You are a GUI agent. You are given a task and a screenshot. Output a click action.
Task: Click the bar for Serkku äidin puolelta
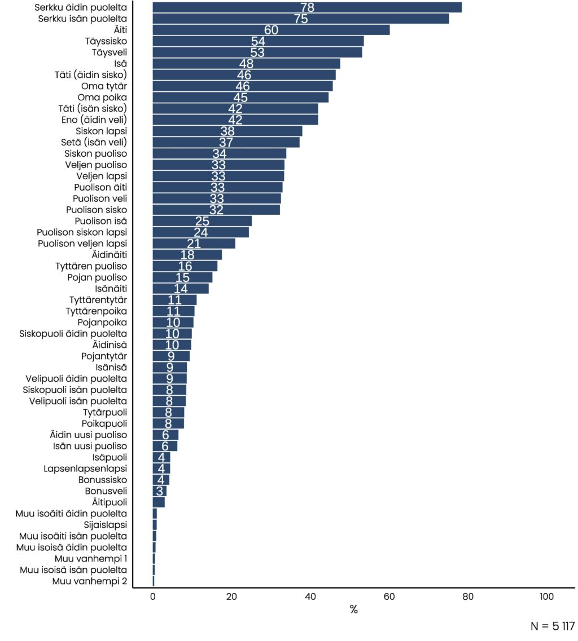(307, 7)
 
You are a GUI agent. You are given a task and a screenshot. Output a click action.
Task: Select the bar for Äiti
(271, 30)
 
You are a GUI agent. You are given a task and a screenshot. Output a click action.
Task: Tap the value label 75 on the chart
(301, 19)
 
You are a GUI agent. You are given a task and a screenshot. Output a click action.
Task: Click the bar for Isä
(246, 64)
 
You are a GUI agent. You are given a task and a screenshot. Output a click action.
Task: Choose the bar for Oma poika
(240, 97)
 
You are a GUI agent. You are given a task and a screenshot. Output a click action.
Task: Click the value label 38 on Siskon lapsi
(227, 131)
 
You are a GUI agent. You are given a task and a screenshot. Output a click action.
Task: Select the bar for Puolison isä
(202, 221)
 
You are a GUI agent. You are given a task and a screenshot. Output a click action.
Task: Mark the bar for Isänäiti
(181, 289)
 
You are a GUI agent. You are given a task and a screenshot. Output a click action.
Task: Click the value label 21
(194, 244)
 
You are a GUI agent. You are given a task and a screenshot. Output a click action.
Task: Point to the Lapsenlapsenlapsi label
(85, 468)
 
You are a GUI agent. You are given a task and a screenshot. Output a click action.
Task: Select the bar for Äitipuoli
(159, 502)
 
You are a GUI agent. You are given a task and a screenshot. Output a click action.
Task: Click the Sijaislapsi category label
(105, 524)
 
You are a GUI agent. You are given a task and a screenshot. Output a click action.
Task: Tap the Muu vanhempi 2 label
(89, 581)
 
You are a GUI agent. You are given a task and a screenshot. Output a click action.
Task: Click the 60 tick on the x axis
(389, 598)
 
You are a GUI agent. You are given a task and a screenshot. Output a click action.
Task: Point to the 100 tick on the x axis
(546, 598)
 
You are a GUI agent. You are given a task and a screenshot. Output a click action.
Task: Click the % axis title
(354, 610)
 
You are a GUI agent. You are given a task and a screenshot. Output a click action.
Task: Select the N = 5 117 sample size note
(553, 626)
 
